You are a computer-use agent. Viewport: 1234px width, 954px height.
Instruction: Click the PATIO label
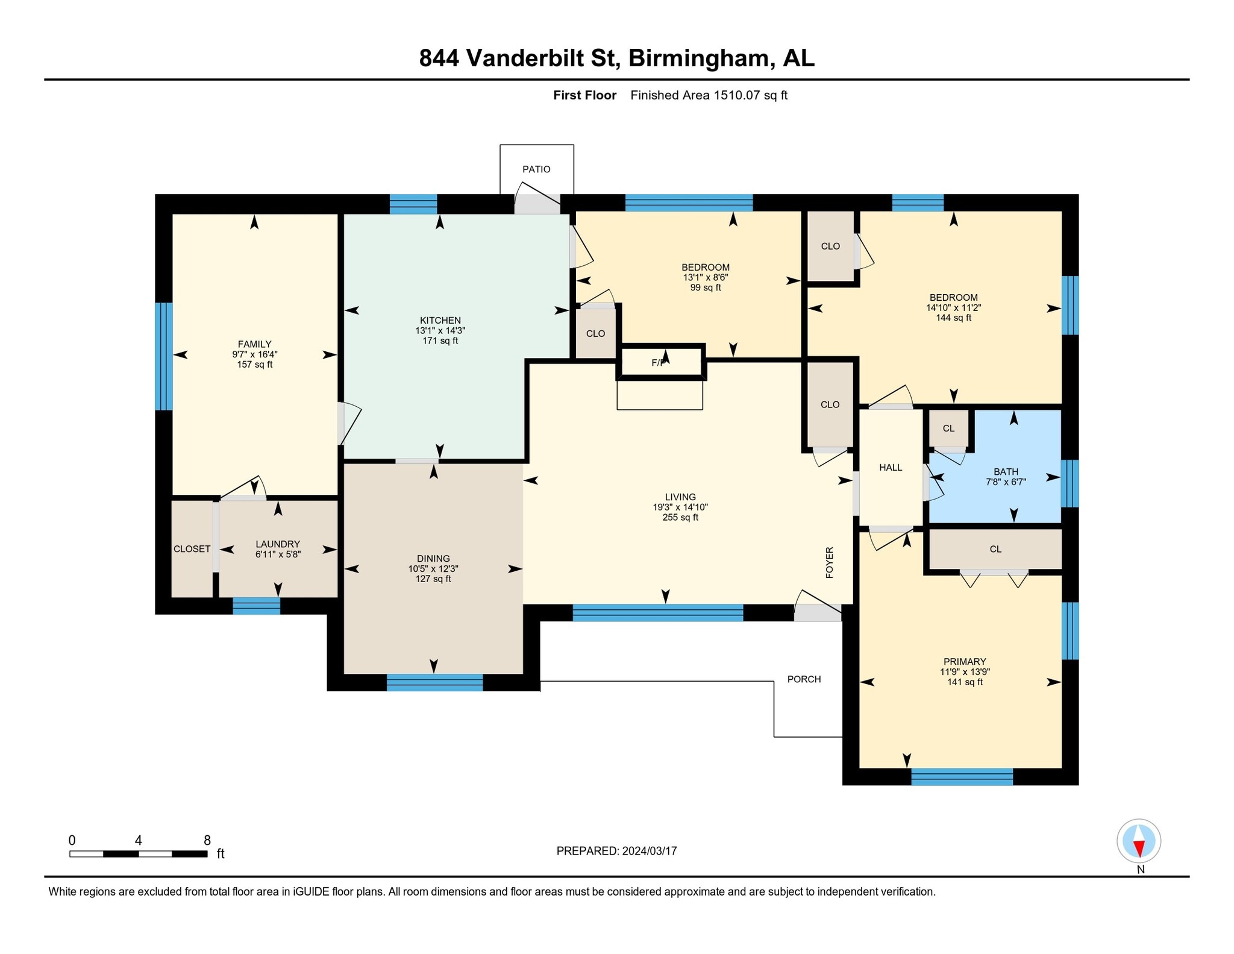tap(536, 169)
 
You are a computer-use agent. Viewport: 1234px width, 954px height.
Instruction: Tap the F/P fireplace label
tap(658, 363)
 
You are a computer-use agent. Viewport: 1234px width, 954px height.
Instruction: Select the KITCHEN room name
tap(440, 321)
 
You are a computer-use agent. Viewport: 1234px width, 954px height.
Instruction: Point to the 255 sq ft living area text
tap(680, 518)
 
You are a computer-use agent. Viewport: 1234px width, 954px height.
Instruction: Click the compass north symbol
tap(1138, 841)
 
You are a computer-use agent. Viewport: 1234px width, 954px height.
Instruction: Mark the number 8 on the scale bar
tap(207, 841)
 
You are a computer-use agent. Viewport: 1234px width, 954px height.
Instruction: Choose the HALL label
tap(891, 468)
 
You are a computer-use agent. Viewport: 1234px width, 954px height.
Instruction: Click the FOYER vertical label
tap(830, 562)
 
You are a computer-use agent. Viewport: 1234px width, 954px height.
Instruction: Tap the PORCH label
tap(804, 679)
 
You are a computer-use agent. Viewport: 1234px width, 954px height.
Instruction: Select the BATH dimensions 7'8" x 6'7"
tap(1006, 482)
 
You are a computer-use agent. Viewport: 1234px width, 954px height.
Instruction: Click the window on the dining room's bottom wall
tap(434, 682)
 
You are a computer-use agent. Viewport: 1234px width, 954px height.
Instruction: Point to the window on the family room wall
tap(163, 356)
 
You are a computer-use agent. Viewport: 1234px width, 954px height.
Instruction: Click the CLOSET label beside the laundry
tap(192, 549)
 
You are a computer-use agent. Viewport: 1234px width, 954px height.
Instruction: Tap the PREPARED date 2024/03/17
tap(650, 851)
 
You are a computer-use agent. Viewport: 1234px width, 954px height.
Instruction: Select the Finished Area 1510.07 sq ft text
tap(709, 95)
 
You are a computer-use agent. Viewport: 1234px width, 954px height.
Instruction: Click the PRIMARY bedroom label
tap(965, 662)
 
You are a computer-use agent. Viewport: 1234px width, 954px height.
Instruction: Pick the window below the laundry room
tap(256, 606)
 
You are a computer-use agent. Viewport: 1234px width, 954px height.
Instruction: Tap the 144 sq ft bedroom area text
tap(953, 318)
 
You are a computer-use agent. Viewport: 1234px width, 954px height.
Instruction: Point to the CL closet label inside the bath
tap(948, 428)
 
